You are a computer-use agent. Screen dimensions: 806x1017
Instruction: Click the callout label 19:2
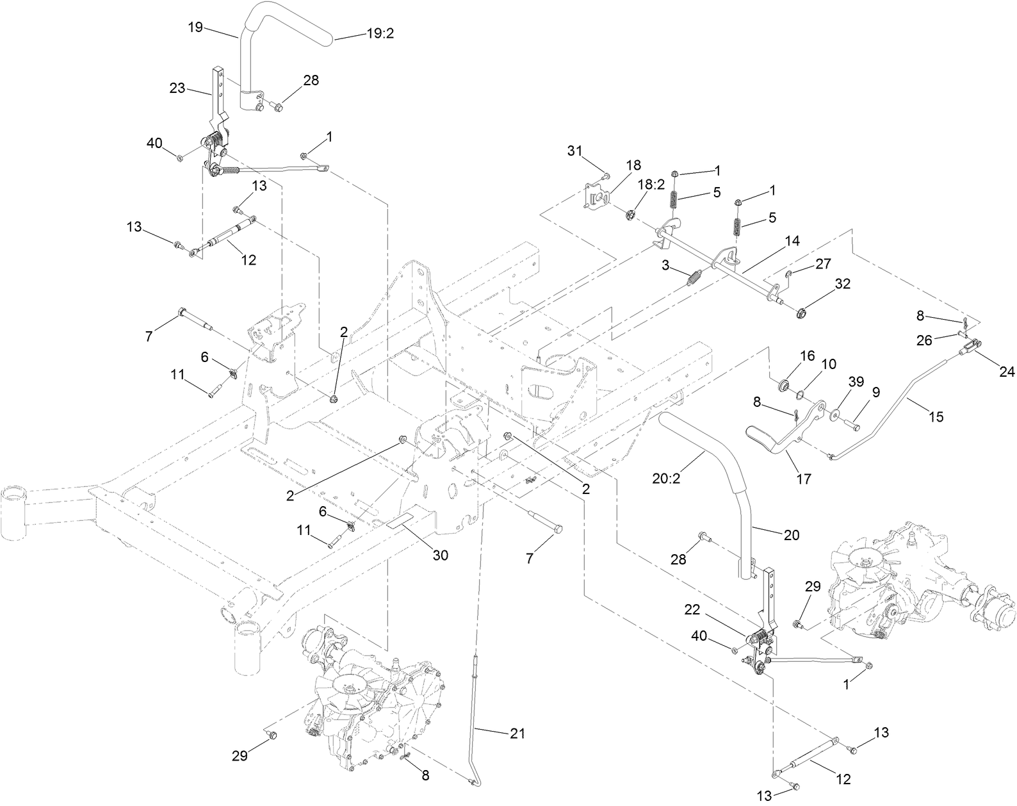(x=380, y=34)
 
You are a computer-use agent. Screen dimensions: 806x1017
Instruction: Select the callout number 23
(x=177, y=88)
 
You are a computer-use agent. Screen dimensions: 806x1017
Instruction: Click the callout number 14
(x=793, y=241)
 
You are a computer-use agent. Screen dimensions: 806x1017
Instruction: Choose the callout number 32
(x=843, y=284)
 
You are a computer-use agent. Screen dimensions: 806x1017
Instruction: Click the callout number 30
(x=440, y=555)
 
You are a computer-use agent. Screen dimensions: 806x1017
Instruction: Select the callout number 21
(x=517, y=734)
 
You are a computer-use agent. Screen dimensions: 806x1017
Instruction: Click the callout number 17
(x=804, y=479)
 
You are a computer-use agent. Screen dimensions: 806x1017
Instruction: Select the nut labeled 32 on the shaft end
(x=800, y=313)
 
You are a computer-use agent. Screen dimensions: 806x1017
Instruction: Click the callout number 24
(x=1007, y=371)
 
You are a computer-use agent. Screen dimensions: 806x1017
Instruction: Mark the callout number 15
(x=936, y=417)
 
